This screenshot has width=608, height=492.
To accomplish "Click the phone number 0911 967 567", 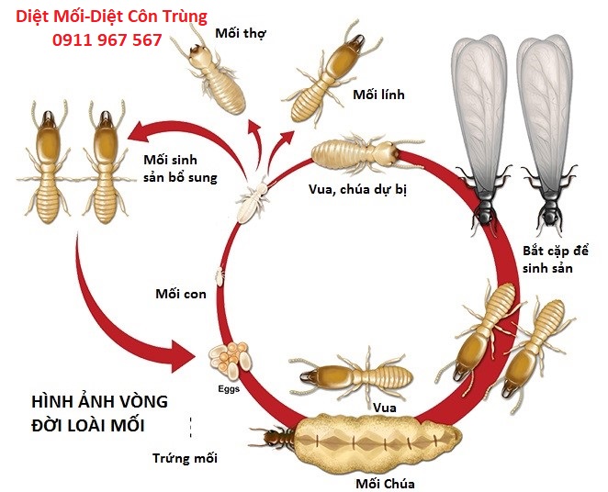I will click(107, 40).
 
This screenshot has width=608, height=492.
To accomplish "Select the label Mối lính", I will click(378, 95).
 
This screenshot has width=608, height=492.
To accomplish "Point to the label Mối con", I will click(180, 294).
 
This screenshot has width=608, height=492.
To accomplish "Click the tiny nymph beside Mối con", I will click(220, 274).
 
